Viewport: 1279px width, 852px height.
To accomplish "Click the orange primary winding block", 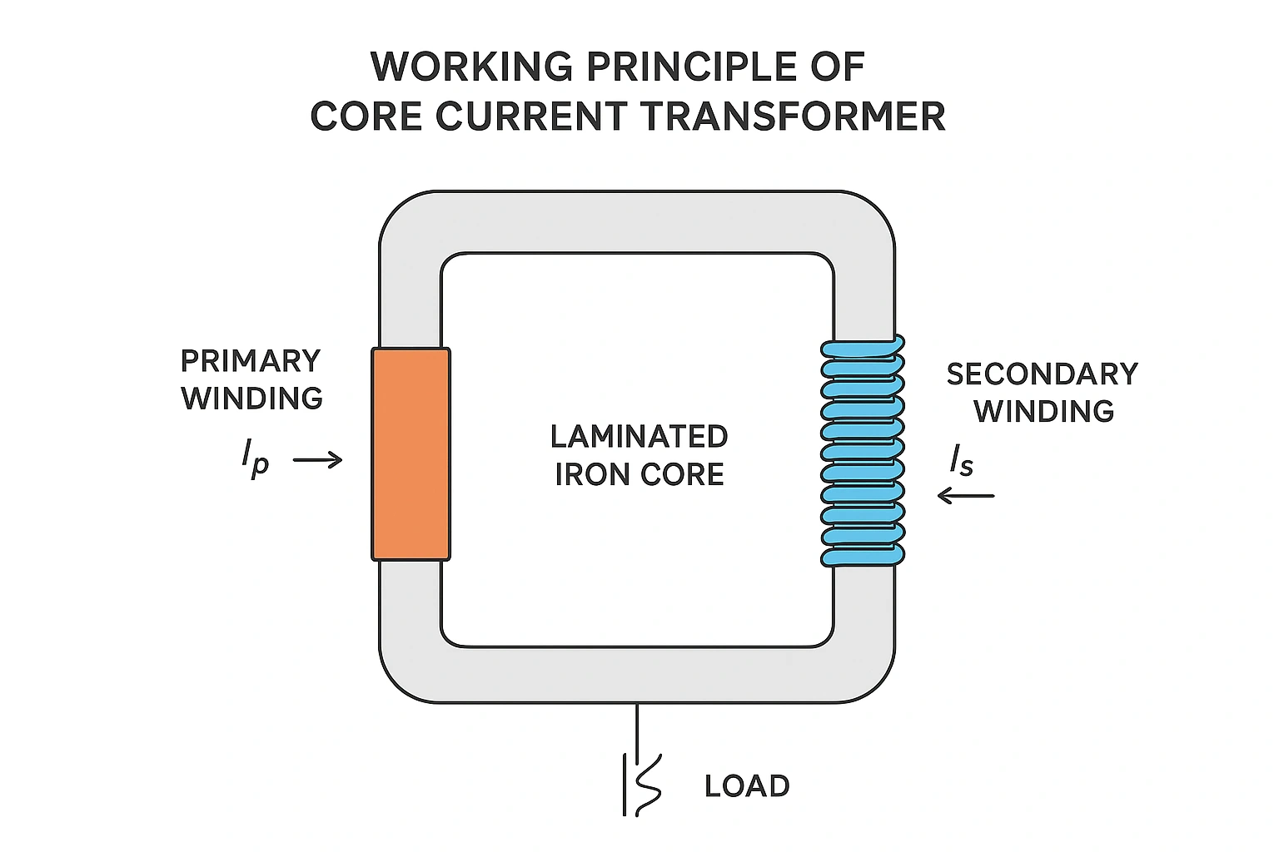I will pyautogui.click(x=411, y=453).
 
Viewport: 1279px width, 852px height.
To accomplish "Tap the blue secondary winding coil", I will pyautogui.click(x=863, y=453).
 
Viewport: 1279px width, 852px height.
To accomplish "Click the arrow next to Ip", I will pyautogui.click(x=318, y=459).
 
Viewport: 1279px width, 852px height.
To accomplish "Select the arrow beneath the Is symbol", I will pyautogui.click(x=966, y=496).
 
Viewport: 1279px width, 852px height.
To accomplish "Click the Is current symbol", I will pyautogui.click(x=962, y=461).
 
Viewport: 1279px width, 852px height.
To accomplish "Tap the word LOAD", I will pyautogui.click(x=747, y=786).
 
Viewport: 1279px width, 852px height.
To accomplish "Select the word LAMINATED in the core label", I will pyautogui.click(x=639, y=437).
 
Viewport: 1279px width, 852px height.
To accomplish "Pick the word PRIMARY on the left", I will pyautogui.click(x=251, y=361).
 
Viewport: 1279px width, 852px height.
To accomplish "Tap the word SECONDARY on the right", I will pyautogui.click(x=1042, y=374).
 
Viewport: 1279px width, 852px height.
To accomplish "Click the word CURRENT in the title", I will pyautogui.click(x=534, y=116).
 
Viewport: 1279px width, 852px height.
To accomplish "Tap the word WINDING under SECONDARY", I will pyautogui.click(x=1044, y=411).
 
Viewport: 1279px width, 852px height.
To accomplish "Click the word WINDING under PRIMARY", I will pyautogui.click(x=252, y=399).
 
